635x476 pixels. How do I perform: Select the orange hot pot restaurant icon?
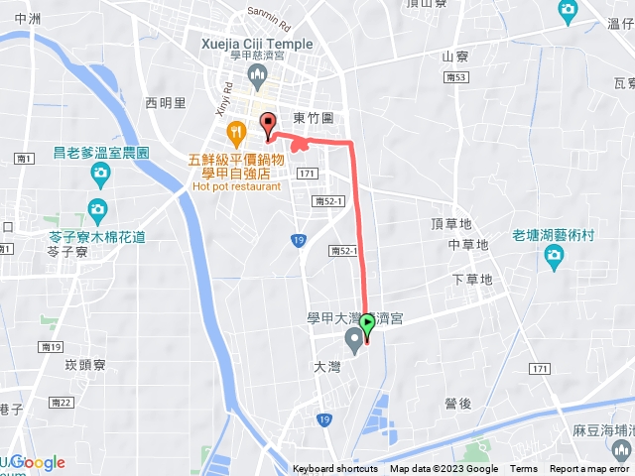[x=236, y=130]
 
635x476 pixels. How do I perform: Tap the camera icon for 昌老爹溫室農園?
[x=100, y=176]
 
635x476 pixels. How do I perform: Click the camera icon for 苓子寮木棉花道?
[x=97, y=210]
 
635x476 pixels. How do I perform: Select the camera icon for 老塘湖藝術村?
[x=554, y=259]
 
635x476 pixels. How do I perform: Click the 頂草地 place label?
[x=452, y=224]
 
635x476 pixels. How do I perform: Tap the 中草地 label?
[x=468, y=244]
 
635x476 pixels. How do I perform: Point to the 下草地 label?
[x=471, y=280]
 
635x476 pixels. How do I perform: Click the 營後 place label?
[x=458, y=404]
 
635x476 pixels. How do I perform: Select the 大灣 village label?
[x=326, y=366]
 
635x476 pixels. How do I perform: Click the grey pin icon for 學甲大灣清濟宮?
[x=353, y=342]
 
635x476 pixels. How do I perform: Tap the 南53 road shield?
[x=456, y=76]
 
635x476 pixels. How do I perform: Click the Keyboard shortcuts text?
[x=334, y=469]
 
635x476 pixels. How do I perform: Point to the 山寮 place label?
[x=454, y=57]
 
